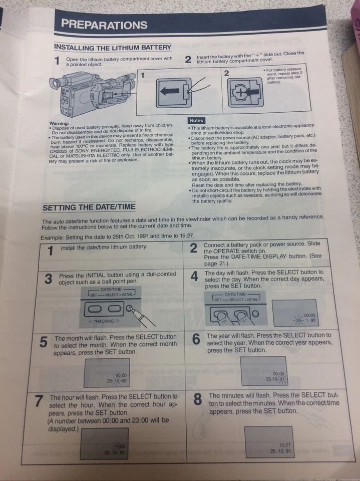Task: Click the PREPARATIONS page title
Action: [x=104, y=25]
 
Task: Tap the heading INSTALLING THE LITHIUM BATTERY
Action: [x=112, y=47]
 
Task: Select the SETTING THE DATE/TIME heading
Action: [x=89, y=207]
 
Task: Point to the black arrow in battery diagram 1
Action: [x=170, y=93]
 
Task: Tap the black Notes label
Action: [x=197, y=121]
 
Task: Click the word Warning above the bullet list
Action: [x=59, y=124]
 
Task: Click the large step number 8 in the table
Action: [x=198, y=399]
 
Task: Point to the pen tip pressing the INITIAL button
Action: [x=131, y=309]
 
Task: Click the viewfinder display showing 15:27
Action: [x=269, y=442]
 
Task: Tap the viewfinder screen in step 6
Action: [x=263, y=372]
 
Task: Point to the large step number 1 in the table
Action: [x=50, y=250]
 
